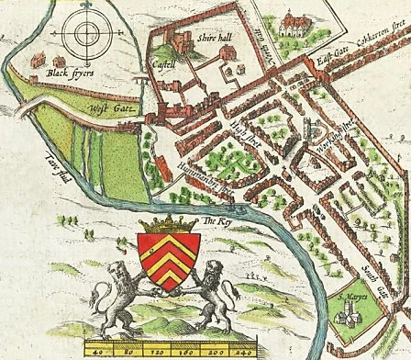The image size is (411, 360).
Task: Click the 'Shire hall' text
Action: click(x=211, y=38)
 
